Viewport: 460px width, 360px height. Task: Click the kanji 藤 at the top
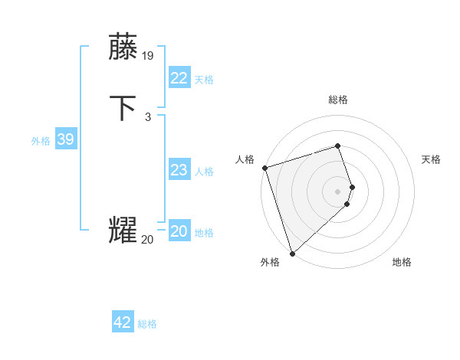tap(124, 47)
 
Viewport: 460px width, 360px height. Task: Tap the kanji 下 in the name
tap(124, 108)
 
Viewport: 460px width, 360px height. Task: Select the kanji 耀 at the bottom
tap(123, 231)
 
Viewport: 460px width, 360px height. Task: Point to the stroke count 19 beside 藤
tap(148, 55)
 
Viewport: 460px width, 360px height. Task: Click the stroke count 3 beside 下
tap(147, 116)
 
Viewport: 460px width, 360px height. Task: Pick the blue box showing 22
tap(179, 78)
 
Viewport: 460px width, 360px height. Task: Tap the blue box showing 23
tap(179, 171)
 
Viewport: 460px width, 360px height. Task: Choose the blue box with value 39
tap(65, 139)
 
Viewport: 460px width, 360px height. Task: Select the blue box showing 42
tap(123, 322)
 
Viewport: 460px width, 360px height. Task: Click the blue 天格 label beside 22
tap(204, 80)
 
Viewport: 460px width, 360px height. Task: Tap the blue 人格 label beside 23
tap(204, 172)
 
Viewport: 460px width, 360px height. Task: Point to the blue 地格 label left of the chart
tap(204, 233)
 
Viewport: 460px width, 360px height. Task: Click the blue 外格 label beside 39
tap(41, 141)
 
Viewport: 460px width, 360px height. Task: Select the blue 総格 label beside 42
tap(147, 324)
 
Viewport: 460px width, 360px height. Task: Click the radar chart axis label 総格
tap(338, 100)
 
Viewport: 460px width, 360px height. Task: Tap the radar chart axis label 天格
tap(431, 159)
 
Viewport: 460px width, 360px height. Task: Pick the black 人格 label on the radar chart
tap(245, 159)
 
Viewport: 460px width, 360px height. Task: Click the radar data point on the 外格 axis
tap(291, 253)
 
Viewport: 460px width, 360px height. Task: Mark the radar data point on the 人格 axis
tap(264, 168)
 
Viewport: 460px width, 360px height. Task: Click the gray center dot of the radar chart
tap(338, 191)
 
